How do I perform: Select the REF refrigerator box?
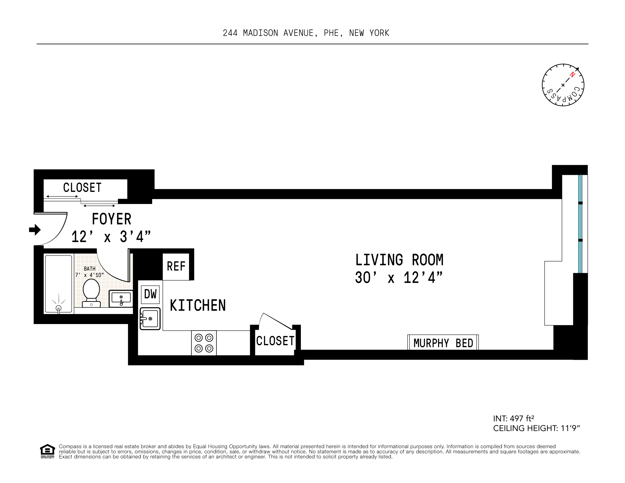(176, 266)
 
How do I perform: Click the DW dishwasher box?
(150, 294)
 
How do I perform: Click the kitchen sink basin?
(150, 319)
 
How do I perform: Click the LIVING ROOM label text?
(399, 260)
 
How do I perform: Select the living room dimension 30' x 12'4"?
(399, 278)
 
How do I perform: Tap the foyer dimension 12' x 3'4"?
(111, 237)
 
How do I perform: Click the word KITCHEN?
(198, 305)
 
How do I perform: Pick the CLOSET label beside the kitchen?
(275, 341)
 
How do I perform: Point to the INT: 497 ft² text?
(513, 419)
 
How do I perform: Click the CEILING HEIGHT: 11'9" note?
(536, 428)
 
